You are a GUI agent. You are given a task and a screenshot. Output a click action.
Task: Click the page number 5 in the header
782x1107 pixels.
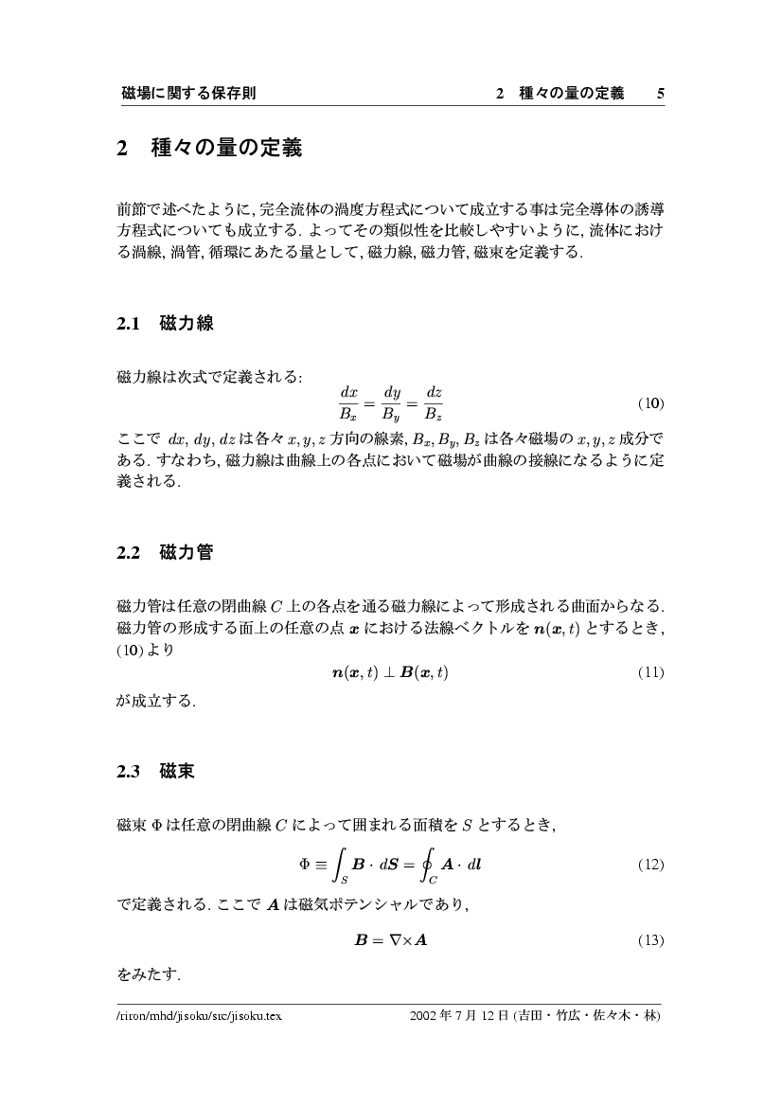[660, 93]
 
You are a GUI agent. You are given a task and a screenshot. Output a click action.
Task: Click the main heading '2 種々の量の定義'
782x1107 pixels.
[209, 149]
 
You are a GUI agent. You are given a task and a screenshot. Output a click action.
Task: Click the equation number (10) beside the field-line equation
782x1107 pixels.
[649, 402]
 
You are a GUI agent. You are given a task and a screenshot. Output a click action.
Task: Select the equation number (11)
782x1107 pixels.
[649, 672]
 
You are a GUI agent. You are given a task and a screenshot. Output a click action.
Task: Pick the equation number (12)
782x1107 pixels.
[649, 865]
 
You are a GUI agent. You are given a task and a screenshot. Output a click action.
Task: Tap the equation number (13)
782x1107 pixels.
[649, 940]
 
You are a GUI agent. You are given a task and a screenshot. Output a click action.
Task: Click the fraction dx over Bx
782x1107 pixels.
[347, 402]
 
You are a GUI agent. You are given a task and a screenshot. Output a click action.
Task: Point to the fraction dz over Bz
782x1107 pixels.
[434, 402]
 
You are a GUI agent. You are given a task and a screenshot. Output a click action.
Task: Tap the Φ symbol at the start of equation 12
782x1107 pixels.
[305, 865]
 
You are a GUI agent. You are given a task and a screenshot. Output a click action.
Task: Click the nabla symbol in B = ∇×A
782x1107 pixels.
[390, 940]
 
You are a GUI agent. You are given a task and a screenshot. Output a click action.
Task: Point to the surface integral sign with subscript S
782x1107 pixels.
[339, 865]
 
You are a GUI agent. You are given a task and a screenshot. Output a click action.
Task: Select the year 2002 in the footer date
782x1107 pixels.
[423, 1015]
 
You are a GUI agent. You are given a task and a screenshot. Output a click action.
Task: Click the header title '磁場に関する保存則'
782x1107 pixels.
[189, 93]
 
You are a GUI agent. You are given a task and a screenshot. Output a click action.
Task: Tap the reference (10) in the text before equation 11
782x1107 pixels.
[130, 652]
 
